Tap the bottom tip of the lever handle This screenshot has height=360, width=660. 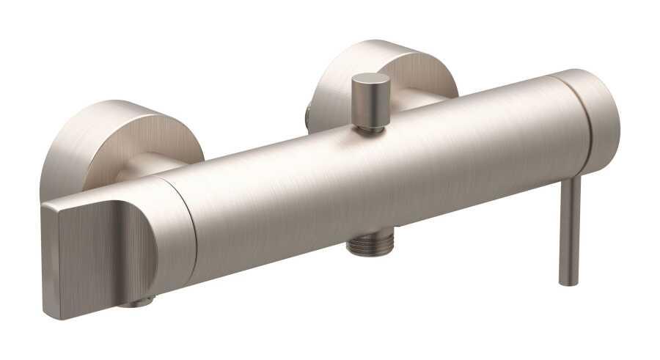pyautogui.click(x=568, y=282)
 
